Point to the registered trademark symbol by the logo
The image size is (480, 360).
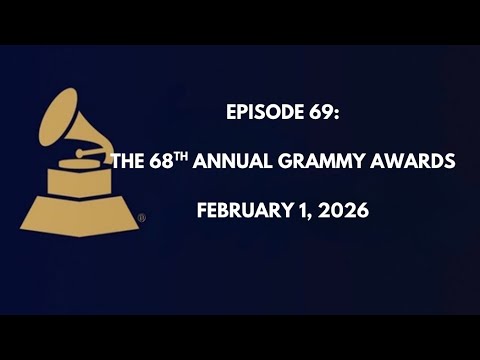click(x=141, y=217)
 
